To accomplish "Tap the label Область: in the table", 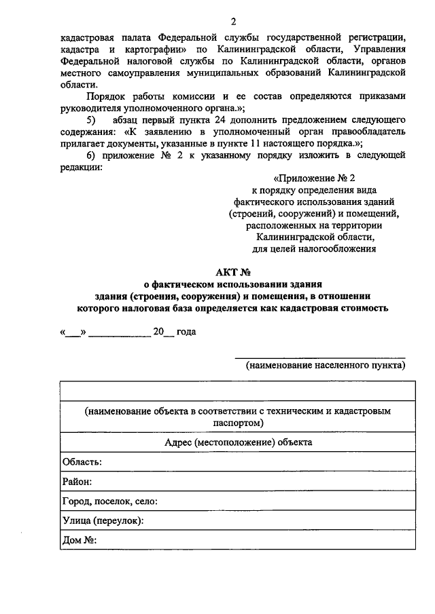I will click(82, 462).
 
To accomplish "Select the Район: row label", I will click(77, 482).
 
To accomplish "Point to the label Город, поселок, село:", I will click(110, 501).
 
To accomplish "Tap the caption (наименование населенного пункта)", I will click(326, 365).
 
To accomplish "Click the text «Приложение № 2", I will click(315, 178).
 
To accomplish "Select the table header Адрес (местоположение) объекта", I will click(239, 442).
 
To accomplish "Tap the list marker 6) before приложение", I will click(92, 155).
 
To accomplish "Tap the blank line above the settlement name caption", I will click(320, 356).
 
